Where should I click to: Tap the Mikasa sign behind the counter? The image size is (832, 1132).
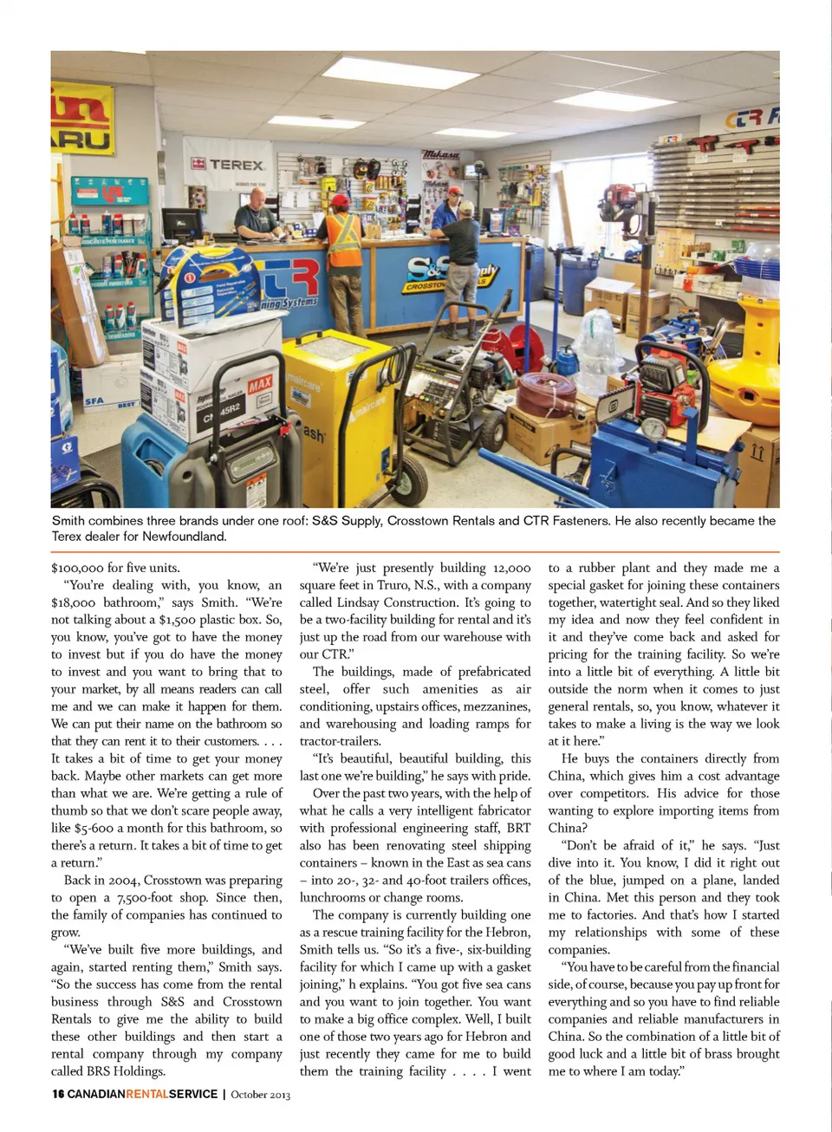(441, 154)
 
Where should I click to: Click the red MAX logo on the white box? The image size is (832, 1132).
(260, 384)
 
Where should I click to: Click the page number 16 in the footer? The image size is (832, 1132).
(58, 1094)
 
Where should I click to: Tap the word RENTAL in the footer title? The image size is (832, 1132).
(147, 1094)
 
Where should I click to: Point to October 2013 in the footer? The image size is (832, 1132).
(260, 1095)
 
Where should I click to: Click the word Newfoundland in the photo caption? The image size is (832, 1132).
(185, 537)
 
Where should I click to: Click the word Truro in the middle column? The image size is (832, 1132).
(393, 585)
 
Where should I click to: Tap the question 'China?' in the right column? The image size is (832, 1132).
(568, 828)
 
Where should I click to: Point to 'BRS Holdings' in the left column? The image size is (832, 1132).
(125, 1070)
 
